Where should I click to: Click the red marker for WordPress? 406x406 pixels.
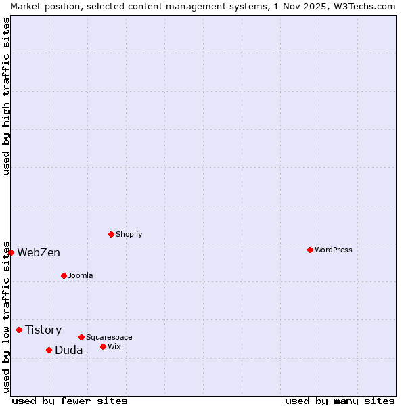[x=310, y=250]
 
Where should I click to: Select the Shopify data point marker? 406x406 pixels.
[x=111, y=234]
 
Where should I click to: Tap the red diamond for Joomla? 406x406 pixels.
[x=64, y=275]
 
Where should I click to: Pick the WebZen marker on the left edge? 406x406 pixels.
[x=11, y=252]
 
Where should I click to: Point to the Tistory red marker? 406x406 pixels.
[x=19, y=330]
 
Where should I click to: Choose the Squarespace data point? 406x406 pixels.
[x=81, y=337]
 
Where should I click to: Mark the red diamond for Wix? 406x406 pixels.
[x=103, y=346]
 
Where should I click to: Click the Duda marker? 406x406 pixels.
[x=49, y=350]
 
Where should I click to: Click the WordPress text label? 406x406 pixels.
[x=334, y=250]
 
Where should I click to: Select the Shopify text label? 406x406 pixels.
[x=129, y=234]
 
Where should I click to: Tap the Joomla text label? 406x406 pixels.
[x=81, y=275]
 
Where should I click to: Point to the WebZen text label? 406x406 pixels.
[x=39, y=252]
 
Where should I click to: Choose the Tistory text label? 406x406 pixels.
[x=43, y=330]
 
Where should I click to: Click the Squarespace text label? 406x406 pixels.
[x=109, y=337]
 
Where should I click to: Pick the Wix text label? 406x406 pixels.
[x=114, y=346]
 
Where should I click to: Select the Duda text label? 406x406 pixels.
[x=69, y=350]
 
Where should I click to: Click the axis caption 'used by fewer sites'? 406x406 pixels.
[x=70, y=401]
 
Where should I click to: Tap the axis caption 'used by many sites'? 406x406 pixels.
[x=340, y=401]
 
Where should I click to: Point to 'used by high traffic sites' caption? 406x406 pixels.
[x=6, y=96]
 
